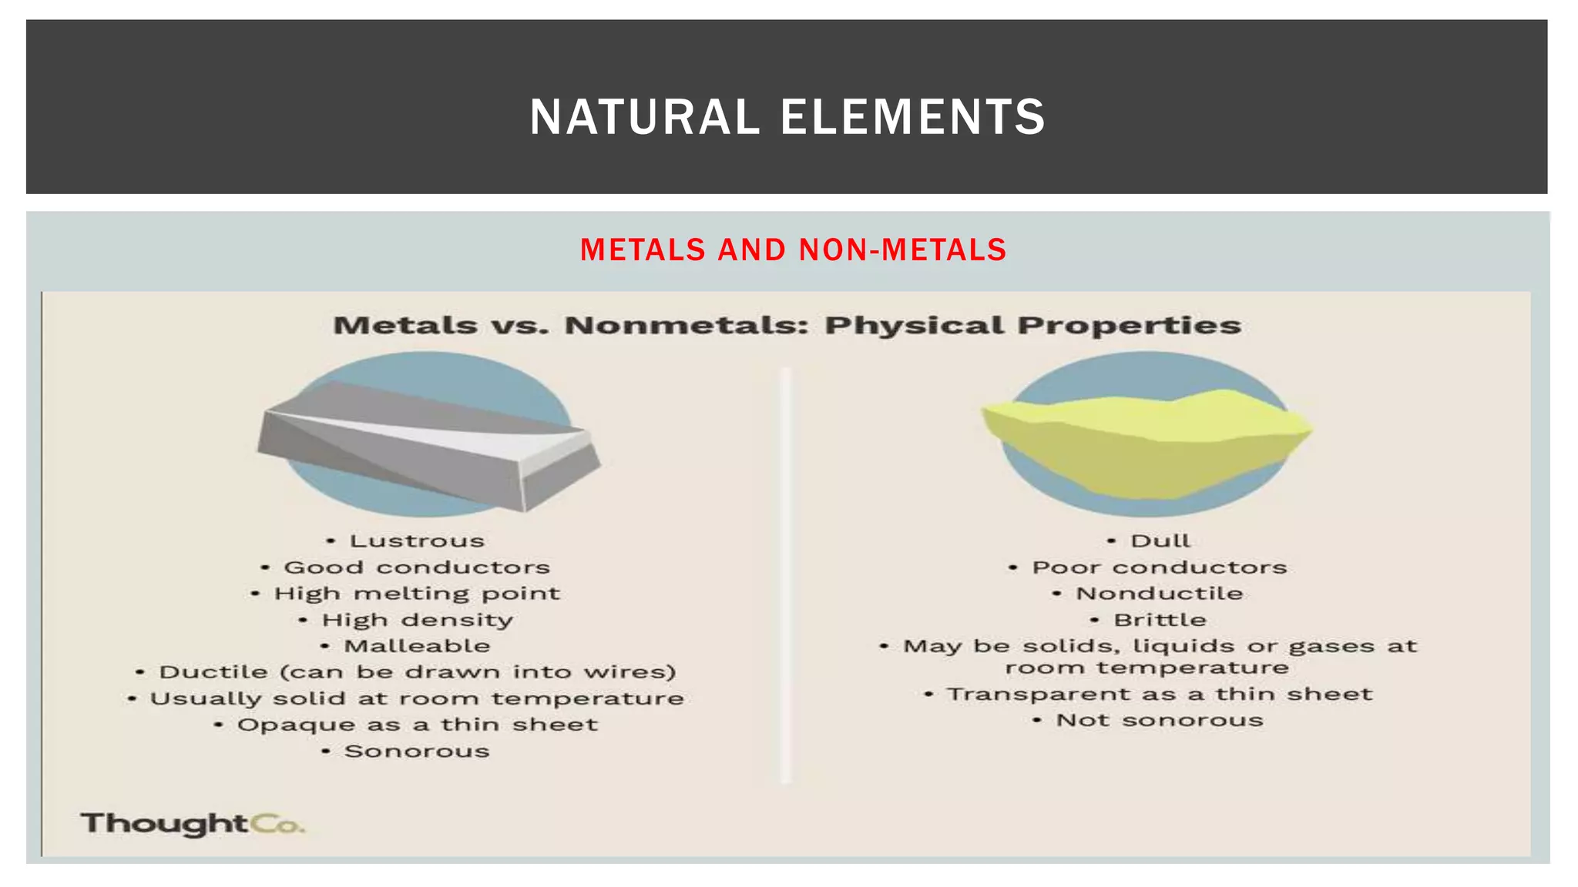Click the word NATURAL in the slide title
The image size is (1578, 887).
pyautogui.click(x=644, y=117)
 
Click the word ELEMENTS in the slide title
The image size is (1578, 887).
pyautogui.click(x=913, y=117)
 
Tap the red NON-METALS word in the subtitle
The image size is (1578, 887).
pyautogui.click(x=902, y=250)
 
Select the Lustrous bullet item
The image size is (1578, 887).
pyautogui.click(x=416, y=541)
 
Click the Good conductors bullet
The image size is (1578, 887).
pyautogui.click(x=416, y=568)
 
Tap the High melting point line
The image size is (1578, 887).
pyautogui.click(x=416, y=594)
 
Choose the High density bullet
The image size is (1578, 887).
pyautogui.click(x=416, y=621)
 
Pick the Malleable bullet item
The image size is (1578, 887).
pyautogui.click(x=416, y=646)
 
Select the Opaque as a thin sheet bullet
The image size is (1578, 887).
pyautogui.click(x=416, y=725)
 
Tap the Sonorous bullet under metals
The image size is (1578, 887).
pyautogui.click(x=416, y=751)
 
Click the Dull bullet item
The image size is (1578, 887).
pyautogui.click(x=1160, y=541)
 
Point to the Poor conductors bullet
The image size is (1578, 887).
pyautogui.click(x=1159, y=568)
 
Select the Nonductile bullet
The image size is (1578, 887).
pyautogui.click(x=1159, y=594)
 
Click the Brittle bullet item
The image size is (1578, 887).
pyautogui.click(x=1159, y=621)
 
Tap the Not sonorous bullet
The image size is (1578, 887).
pyautogui.click(x=1159, y=721)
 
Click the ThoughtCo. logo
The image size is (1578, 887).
pyautogui.click(x=193, y=824)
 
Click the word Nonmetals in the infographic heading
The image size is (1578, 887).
pyautogui.click(x=686, y=326)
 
